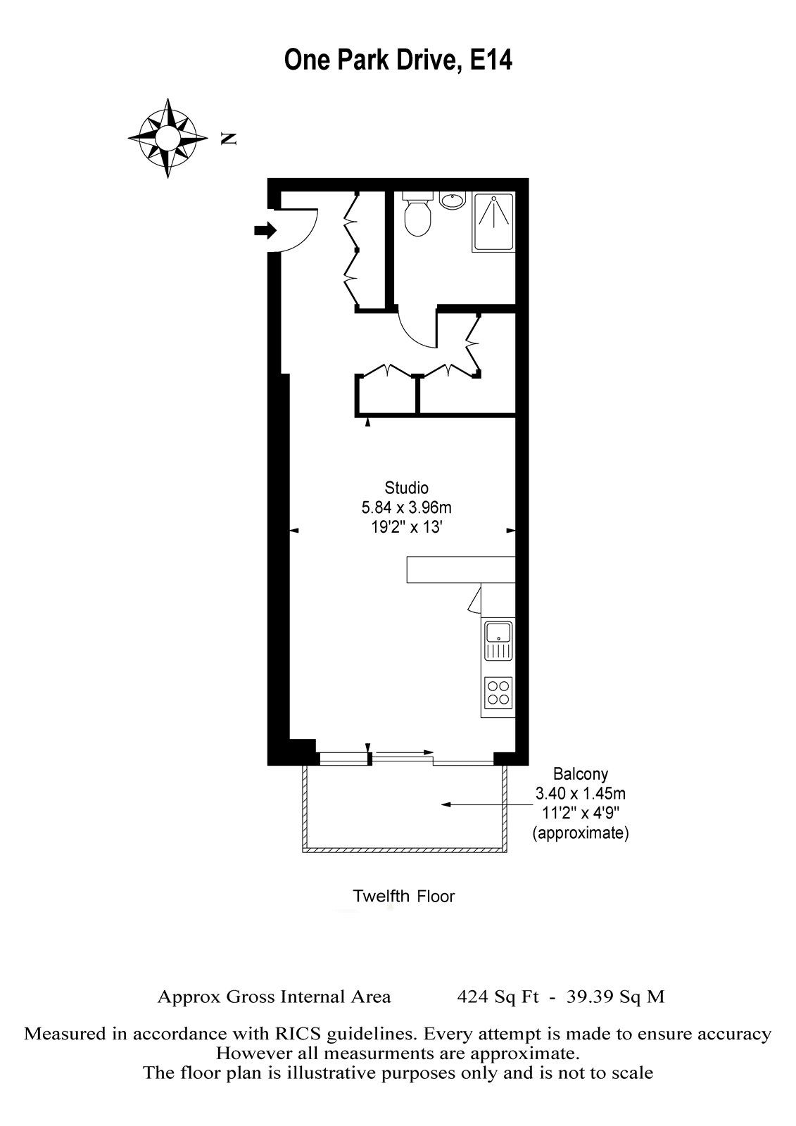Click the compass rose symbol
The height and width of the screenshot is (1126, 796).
(168, 138)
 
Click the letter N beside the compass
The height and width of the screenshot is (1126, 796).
(227, 139)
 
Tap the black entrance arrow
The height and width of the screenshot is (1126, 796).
(265, 230)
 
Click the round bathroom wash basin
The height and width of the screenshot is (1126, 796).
(451, 201)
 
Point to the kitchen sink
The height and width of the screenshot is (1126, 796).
(498, 639)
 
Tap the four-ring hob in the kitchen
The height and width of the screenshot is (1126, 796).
(498, 690)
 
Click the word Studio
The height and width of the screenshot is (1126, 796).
(406, 487)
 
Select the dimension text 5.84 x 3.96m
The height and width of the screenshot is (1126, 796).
(406, 507)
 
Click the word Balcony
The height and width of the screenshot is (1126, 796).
(581, 774)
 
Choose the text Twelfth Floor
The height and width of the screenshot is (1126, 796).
(403, 897)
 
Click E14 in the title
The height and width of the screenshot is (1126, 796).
(491, 61)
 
